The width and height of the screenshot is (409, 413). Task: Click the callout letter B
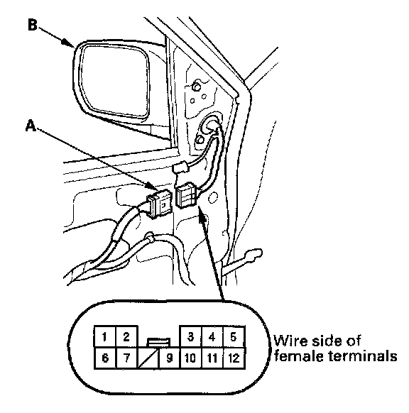point(33,25)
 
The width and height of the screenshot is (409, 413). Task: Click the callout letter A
point(31,126)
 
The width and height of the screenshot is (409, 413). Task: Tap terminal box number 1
point(105,336)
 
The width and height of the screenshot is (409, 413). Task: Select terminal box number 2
point(127,336)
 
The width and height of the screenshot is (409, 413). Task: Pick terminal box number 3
point(190,336)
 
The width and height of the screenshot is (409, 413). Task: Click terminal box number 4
point(212,336)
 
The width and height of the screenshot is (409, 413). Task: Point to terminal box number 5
point(234,336)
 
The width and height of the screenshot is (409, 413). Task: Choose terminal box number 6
point(105,358)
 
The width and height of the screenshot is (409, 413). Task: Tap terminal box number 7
point(127,358)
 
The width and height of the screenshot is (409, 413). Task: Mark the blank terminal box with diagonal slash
point(148,358)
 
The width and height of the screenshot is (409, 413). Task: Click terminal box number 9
point(169,358)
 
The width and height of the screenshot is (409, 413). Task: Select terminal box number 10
point(190,358)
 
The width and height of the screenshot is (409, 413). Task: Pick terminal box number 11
point(212,358)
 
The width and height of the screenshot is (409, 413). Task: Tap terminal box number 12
point(234,358)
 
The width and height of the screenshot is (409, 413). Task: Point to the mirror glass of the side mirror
point(114,80)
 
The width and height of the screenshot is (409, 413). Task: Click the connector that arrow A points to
point(160,204)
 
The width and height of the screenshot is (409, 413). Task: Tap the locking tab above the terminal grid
point(158,342)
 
